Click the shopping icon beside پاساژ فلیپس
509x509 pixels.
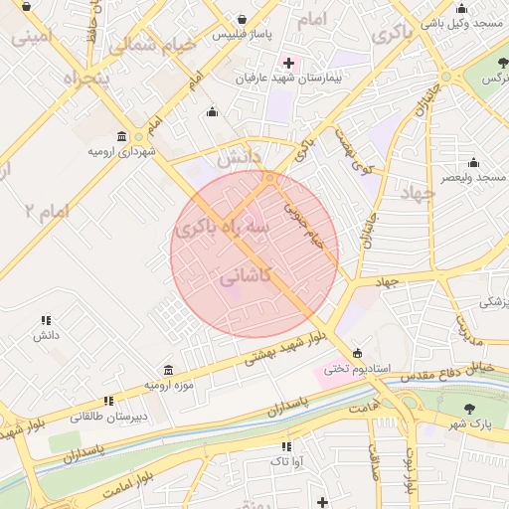click(244, 19)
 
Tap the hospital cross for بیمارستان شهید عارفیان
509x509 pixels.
click(288, 63)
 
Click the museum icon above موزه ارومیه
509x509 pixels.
click(168, 369)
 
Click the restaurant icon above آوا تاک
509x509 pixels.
click(286, 446)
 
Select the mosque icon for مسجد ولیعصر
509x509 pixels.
click(473, 163)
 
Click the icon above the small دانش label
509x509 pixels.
click(46, 320)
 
